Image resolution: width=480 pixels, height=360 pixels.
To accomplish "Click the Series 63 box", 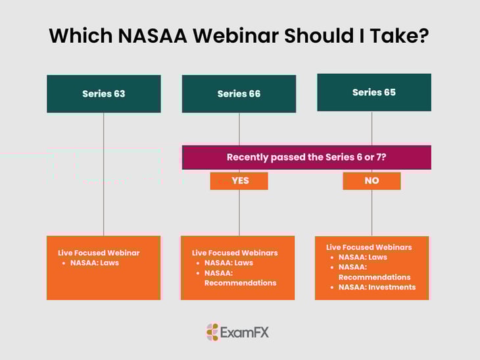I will tap(103, 93).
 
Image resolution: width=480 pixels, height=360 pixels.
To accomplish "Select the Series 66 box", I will tap(239, 93).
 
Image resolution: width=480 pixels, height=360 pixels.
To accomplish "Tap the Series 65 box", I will tap(373, 92).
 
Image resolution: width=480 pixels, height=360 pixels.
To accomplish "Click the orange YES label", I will tap(239, 180).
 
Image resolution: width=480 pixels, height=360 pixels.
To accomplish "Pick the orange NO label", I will tap(372, 180).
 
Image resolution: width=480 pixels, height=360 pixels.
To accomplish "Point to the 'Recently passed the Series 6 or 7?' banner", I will tap(306, 157).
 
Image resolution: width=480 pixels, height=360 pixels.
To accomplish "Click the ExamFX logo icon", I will tap(212, 332).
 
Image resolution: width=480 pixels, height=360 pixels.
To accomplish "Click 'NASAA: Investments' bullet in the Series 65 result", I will tap(377, 287).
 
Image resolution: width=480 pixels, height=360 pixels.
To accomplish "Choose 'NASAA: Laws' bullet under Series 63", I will tap(95, 263).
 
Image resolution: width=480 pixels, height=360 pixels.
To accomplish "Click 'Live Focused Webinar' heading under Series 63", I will tap(99, 253).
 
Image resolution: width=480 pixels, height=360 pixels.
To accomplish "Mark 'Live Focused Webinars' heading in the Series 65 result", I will tap(369, 247).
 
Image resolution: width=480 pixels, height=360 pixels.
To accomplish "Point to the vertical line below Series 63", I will tap(103, 174).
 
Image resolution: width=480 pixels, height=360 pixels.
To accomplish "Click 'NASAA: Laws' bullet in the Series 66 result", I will tap(229, 263).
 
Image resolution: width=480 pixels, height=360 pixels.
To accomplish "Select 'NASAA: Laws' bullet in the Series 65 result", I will tap(363, 257).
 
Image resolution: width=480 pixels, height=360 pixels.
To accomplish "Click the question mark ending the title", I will tap(423, 35).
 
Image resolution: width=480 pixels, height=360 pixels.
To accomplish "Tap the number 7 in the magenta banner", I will tap(380, 157).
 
